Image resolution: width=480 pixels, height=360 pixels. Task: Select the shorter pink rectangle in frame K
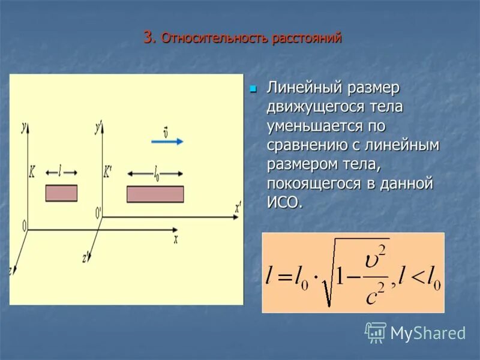(61, 193)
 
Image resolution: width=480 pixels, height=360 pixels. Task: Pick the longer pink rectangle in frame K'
(155, 194)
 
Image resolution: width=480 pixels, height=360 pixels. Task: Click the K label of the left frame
(32, 172)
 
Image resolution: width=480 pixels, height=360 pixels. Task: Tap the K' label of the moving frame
(107, 172)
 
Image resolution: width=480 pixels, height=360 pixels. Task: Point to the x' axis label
(238, 209)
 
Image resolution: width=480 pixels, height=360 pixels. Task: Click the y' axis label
(98, 127)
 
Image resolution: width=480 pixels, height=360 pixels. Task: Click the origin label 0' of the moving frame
(98, 212)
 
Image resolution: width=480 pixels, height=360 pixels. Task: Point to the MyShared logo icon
(376, 332)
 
